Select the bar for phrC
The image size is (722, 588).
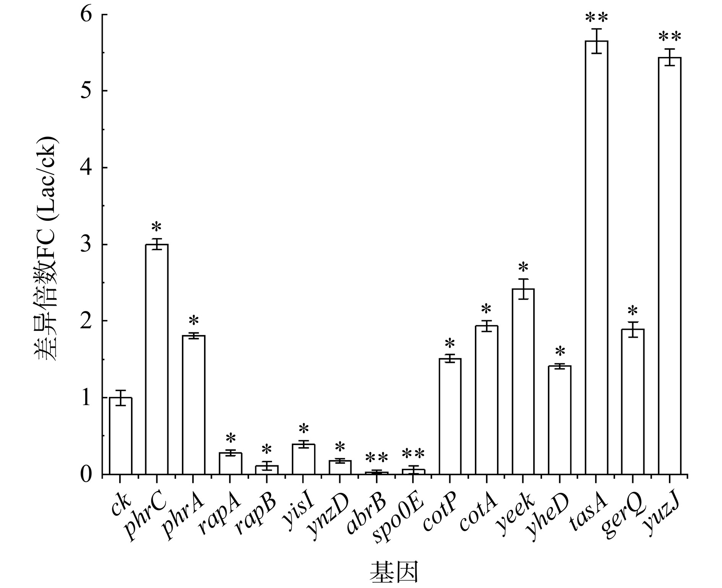pyautogui.click(x=157, y=359)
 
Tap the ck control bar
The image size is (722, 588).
pyautogui.click(x=120, y=436)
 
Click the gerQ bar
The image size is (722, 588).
pyautogui.click(x=633, y=402)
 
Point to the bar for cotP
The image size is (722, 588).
pyautogui.click(x=450, y=416)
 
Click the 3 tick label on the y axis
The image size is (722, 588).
pyautogui.click(x=87, y=245)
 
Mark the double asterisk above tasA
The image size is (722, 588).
pyautogui.click(x=596, y=18)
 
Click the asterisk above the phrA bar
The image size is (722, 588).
pyautogui.click(x=194, y=320)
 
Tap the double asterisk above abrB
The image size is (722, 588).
pyautogui.click(x=377, y=457)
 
